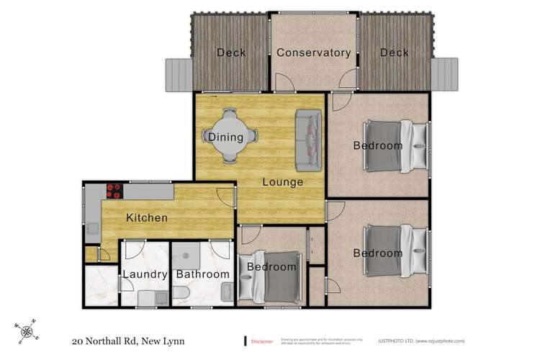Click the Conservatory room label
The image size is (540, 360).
coord(313,53)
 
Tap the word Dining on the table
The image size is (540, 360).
coord(225,137)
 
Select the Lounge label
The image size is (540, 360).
coord(282,181)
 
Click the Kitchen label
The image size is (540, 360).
coord(147,217)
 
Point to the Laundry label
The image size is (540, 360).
coord(145,274)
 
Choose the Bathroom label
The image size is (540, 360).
coord(203,274)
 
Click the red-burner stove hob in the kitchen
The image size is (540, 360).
coord(114,191)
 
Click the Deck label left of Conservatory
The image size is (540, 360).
coord(231,53)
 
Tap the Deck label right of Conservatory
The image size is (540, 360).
coord(394,53)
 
